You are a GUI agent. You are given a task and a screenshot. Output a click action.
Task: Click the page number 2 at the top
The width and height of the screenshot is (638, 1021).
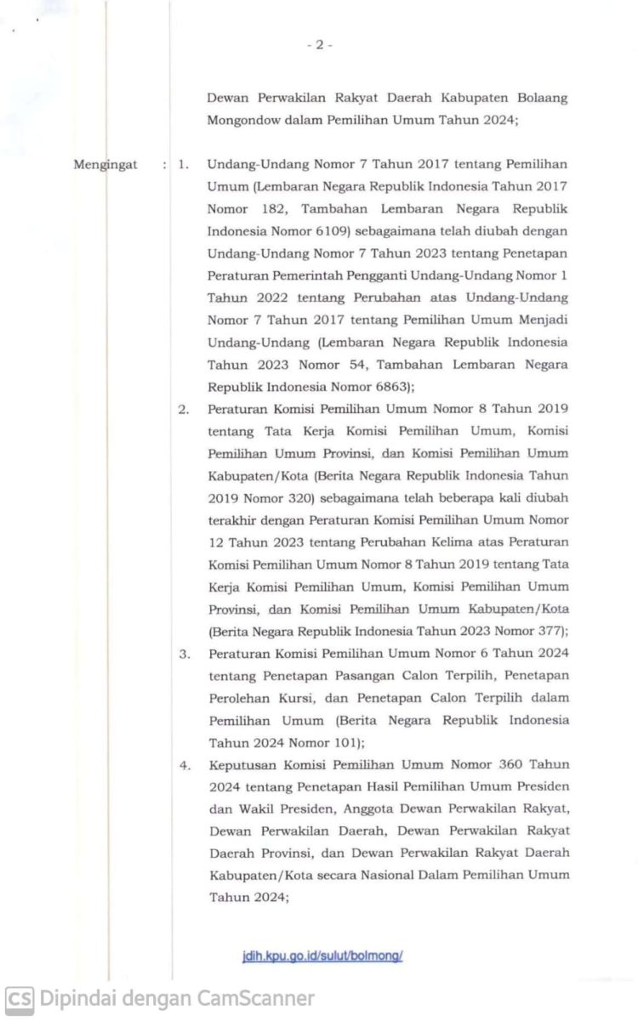point(319,45)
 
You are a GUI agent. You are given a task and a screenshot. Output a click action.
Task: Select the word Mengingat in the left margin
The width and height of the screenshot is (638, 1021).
point(105,164)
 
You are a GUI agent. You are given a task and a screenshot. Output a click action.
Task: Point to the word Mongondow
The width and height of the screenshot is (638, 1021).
point(242,120)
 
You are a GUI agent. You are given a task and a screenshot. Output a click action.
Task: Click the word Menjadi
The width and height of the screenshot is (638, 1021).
point(542,319)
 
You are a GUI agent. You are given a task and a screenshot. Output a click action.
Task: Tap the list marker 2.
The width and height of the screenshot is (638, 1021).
point(183,409)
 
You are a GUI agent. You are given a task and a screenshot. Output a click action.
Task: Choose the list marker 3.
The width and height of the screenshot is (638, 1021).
point(183,654)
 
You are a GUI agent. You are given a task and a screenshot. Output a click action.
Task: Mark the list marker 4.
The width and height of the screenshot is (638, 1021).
point(183,764)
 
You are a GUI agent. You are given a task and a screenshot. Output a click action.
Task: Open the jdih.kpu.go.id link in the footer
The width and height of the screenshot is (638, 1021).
point(322,955)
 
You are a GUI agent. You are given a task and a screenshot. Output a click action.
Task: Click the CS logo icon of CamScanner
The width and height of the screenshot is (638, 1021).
point(20,998)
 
